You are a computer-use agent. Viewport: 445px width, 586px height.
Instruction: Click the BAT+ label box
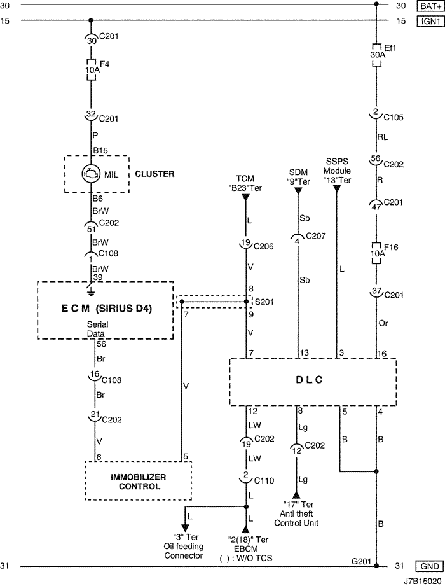coord(427,6)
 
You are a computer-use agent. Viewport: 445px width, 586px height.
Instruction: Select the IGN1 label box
coord(427,21)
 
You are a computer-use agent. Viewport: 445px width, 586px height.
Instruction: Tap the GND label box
coord(427,566)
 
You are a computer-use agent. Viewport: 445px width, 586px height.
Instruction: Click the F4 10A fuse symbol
coord(91,69)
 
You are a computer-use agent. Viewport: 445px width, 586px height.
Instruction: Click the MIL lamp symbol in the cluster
coord(91,173)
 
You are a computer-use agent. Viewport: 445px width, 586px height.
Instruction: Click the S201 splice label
coord(264,301)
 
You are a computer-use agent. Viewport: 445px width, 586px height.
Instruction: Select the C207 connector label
coord(315,236)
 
